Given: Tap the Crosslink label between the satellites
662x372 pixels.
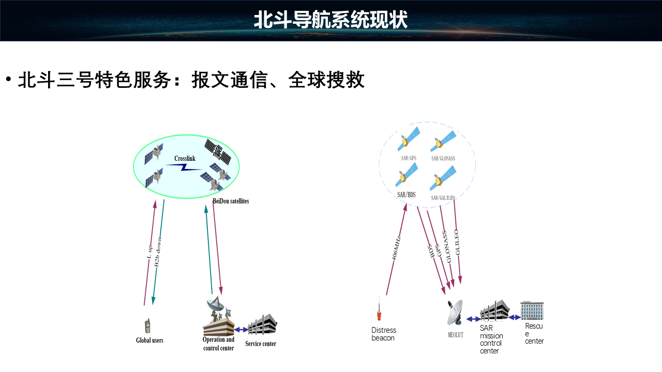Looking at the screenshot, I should click(x=185, y=158).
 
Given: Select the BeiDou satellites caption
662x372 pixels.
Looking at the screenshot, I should click(x=231, y=201).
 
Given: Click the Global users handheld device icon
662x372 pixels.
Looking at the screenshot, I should click(x=147, y=326).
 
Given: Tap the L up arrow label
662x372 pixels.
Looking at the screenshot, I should click(x=149, y=252).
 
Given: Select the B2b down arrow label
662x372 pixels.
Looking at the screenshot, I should click(x=158, y=252).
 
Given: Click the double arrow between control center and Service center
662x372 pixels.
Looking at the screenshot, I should click(x=241, y=329).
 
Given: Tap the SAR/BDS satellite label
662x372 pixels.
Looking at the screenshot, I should click(x=407, y=195).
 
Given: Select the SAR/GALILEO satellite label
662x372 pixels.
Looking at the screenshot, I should click(x=443, y=197).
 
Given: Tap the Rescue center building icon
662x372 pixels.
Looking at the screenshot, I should click(x=532, y=311).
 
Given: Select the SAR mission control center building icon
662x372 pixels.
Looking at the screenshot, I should click(x=494, y=311).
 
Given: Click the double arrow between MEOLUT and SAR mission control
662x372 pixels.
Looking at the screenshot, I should click(x=474, y=319).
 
